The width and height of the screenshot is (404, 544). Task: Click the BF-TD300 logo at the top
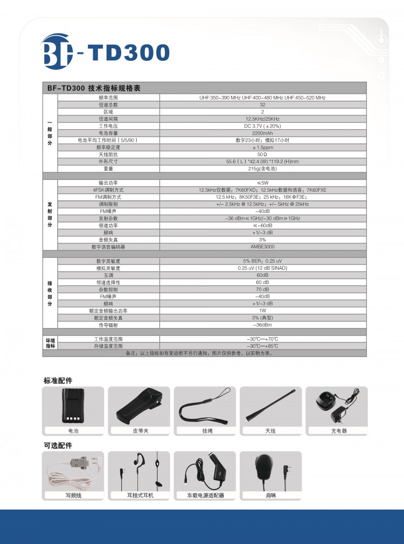click(106, 52)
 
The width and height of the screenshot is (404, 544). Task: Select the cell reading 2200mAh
click(262, 133)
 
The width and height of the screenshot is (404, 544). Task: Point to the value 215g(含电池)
click(262, 169)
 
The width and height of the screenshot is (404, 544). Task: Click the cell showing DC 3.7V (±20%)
click(262, 126)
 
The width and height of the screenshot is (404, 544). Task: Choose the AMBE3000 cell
click(262, 247)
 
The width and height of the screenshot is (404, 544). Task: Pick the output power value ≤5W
click(262, 183)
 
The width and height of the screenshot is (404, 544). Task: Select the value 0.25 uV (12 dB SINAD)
click(262, 268)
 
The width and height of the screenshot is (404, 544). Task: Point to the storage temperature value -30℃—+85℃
click(262, 346)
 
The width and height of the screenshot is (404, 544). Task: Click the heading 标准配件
click(58, 381)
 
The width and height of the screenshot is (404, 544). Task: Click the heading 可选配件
click(58, 445)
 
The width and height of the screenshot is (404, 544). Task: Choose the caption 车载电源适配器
click(205, 496)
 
